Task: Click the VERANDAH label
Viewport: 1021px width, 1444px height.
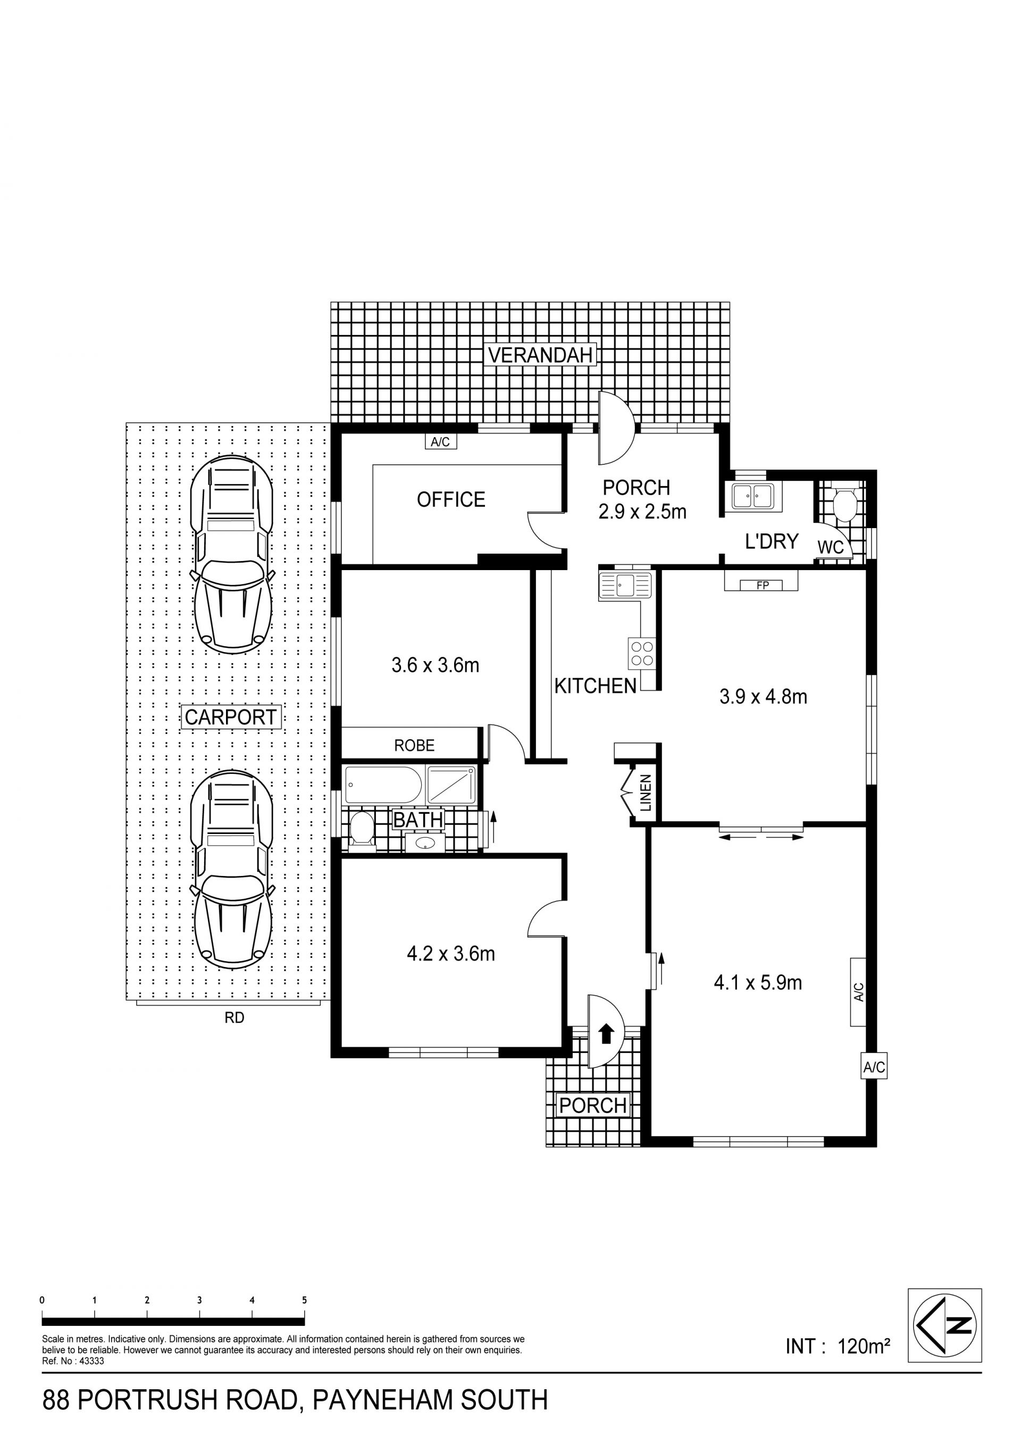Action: (541, 355)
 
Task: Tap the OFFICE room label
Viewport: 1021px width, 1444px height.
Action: (451, 499)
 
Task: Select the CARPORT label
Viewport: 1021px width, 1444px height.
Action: (231, 717)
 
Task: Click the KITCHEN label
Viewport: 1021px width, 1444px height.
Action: (596, 686)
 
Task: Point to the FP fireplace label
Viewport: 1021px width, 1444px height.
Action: (763, 586)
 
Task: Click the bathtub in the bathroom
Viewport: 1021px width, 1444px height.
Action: (383, 785)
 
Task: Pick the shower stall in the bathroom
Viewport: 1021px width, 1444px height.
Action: (451, 785)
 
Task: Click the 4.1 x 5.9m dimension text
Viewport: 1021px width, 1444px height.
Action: (758, 982)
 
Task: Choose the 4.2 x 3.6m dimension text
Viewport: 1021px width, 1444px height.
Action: (451, 954)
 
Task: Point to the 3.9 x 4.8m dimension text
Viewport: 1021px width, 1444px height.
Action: (763, 696)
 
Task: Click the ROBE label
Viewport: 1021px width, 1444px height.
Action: (414, 745)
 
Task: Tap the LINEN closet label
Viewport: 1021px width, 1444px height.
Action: (646, 794)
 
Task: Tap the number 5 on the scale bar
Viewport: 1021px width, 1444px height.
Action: (304, 1300)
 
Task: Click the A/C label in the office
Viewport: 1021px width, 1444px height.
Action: (440, 442)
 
